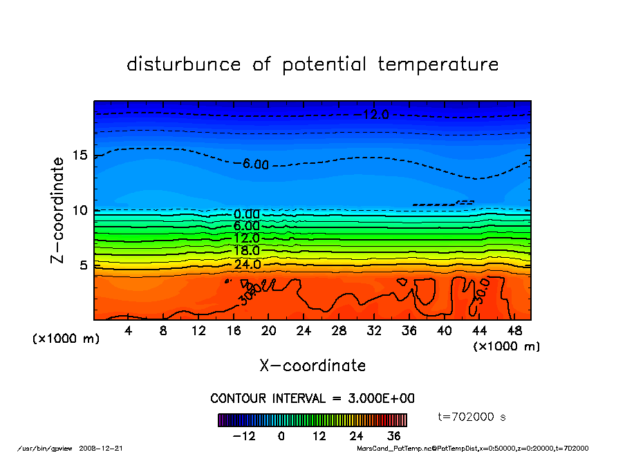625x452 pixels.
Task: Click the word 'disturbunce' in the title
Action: point(184,64)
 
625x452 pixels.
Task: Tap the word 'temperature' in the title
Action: point(438,64)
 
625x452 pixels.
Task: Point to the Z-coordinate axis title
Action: point(58,209)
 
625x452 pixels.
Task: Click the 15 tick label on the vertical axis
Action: point(80,155)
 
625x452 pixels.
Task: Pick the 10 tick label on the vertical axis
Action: point(80,210)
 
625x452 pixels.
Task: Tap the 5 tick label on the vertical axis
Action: point(84,265)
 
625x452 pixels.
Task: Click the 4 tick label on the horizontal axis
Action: point(129,332)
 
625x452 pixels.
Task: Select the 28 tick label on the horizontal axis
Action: point(339,332)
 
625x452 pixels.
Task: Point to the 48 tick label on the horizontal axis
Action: point(514,332)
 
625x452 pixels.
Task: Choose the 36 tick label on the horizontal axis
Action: point(409,332)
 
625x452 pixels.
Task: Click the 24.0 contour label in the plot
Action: point(247,265)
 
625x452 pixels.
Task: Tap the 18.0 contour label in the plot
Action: point(247,251)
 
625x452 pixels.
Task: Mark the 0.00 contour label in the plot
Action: point(247,214)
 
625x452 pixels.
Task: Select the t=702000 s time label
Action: point(472,417)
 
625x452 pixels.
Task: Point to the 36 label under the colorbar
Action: point(394,436)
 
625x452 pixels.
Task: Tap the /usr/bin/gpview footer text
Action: point(40,448)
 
